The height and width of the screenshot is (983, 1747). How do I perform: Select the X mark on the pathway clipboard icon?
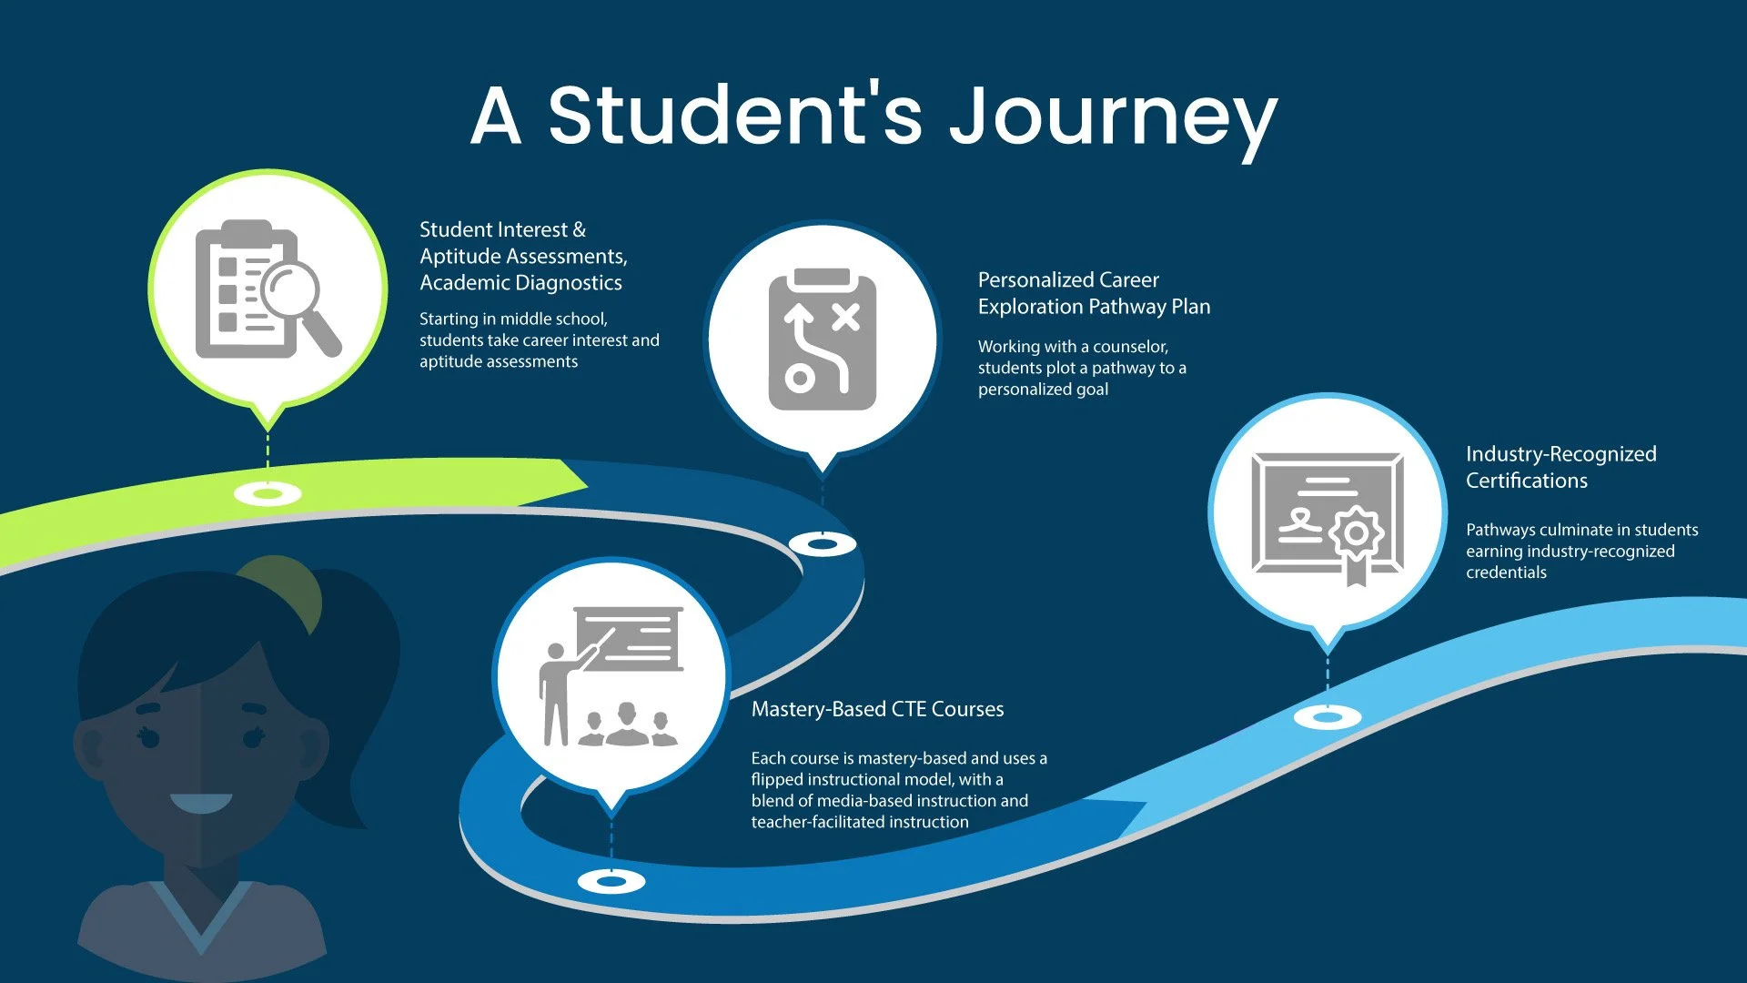pyautogui.click(x=845, y=317)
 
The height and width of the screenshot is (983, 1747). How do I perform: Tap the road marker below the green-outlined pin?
pyautogui.click(x=268, y=494)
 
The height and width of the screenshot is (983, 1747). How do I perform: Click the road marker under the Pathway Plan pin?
pyautogui.click(x=822, y=544)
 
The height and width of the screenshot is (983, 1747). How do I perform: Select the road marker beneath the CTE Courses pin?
pyautogui.click(x=611, y=881)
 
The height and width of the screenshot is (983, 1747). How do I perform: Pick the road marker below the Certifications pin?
pyautogui.click(x=1328, y=717)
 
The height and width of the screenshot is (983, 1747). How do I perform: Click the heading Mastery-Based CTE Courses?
pyautogui.click(x=877, y=709)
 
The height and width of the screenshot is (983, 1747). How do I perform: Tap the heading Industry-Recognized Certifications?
pyautogui.click(x=1560, y=467)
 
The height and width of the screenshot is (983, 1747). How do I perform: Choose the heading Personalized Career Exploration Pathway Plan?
pyautogui.click(x=1094, y=293)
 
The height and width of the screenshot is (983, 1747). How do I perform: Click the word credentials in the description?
pyautogui.click(x=1506, y=573)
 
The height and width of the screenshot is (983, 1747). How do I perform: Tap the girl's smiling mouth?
pyautogui.click(x=201, y=803)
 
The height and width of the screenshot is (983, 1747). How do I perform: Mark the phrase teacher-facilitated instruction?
pyautogui.click(x=860, y=822)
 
